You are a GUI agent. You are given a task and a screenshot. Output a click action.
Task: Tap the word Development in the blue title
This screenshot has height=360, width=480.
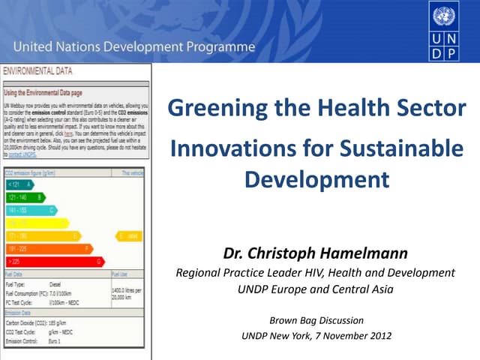click(x=317, y=180)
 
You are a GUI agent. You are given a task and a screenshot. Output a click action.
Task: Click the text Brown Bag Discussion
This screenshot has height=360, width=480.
click(x=316, y=320)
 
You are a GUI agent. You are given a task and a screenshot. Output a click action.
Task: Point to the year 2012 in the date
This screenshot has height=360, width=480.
click(x=378, y=335)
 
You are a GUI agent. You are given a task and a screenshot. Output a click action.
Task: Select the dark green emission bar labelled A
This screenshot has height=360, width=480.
click(x=19, y=184)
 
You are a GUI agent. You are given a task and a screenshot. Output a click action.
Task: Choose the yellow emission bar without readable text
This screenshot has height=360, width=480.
click(x=36, y=223)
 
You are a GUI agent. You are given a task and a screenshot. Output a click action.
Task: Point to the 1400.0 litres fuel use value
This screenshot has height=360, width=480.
click(x=128, y=292)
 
